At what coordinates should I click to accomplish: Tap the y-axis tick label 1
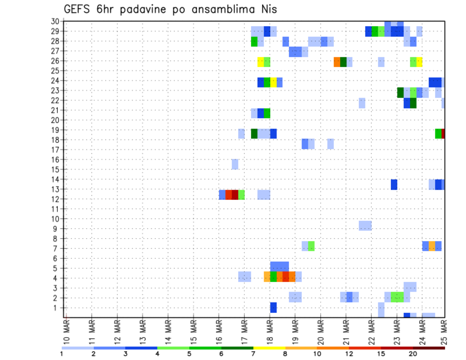click(56, 308)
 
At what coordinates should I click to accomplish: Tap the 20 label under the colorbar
click(413, 353)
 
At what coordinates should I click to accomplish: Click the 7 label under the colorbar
click(253, 353)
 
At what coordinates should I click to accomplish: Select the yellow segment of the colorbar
click(269, 347)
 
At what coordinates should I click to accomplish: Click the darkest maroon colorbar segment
click(429, 347)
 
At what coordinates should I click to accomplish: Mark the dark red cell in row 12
click(235, 195)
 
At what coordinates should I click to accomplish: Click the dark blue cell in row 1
click(273, 308)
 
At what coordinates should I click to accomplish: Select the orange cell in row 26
click(337, 62)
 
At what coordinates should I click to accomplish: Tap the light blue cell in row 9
click(365, 226)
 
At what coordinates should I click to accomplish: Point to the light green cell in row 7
click(311, 246)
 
